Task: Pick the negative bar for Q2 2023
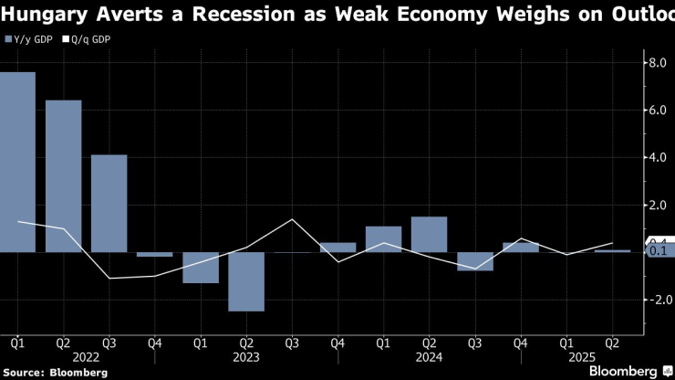point(246,281)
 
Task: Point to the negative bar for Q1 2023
point(201,268)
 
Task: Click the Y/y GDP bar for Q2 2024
point(429,234)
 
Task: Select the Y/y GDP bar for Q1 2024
point(383,238)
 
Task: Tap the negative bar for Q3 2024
point(474,261)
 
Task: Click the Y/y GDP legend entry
point(27,39)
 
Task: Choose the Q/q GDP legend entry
point(85,39)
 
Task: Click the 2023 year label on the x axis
point(245,357)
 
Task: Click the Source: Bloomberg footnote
point(55,373)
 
